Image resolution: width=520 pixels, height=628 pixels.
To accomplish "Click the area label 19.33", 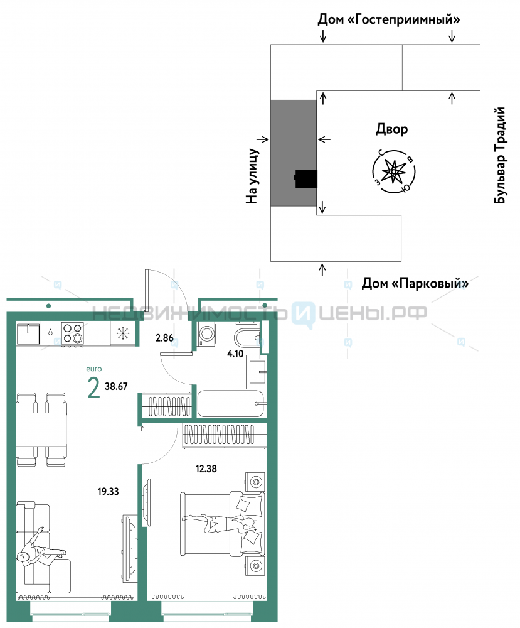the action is click(x=109, y=492).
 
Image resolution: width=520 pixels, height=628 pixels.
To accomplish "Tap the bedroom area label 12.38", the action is click(x=206, y=468).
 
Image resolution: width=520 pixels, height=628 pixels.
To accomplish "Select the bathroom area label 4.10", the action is click(x=235, y=354).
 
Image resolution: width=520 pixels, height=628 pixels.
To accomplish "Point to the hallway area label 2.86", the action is click(x=164, y=338).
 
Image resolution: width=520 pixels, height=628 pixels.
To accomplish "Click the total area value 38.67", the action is click(x=116, y=386).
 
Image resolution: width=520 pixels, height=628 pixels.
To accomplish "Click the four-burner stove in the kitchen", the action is click(x=72, y=333).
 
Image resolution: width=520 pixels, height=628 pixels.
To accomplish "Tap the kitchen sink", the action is click(x=28, y=333).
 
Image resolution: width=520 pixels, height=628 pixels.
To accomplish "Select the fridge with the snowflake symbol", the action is click(x=123, y=333).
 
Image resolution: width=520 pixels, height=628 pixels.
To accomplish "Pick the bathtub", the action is click(x=231, y=403).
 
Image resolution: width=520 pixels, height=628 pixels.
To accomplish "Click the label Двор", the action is click(x=391, y=129).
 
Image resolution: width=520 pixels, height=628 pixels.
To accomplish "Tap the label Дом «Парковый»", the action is click(x=415, y=284).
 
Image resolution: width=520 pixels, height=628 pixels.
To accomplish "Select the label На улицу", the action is click(x=252, y=176).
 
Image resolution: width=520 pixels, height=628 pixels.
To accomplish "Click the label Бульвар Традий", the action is click(x=499, y=155).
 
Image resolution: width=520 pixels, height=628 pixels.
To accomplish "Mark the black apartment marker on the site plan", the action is click(x=306, y=178).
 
